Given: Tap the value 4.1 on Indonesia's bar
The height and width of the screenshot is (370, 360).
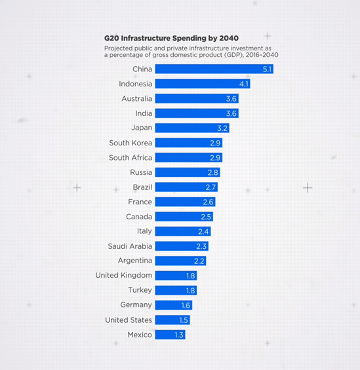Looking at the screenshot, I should (x=244, y=84).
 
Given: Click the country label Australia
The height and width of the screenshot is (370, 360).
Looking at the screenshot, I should (x=136, y=99).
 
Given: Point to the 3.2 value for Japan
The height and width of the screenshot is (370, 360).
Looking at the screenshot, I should (x=222, y=128).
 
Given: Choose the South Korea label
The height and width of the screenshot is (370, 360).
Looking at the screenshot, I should (x=130, y=143).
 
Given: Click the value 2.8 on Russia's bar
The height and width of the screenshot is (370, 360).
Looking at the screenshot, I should (x=212, y=172).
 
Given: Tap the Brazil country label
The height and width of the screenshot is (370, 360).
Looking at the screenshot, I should (x=142, y=187).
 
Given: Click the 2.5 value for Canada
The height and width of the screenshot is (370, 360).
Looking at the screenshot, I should (x=206, y=217).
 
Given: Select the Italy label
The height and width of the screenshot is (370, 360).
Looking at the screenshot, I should (x=144, y=231).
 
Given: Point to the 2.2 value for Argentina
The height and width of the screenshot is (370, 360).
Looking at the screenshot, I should (x=200, y=261).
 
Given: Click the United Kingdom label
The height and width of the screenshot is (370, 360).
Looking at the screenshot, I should (x=123, y=276).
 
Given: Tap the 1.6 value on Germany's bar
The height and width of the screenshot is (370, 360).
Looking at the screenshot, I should (x=186, y=305).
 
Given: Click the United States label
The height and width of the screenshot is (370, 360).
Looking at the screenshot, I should (x=129, y=320).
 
